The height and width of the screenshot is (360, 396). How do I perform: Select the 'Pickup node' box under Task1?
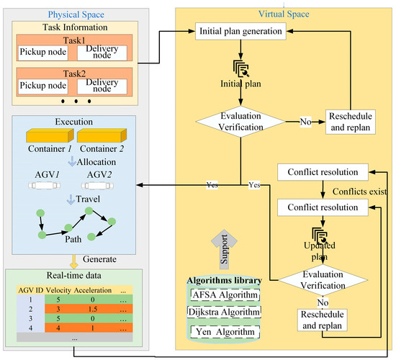tap(42, 53)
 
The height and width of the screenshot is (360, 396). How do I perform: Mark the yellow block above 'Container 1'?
tap(49, 137)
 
